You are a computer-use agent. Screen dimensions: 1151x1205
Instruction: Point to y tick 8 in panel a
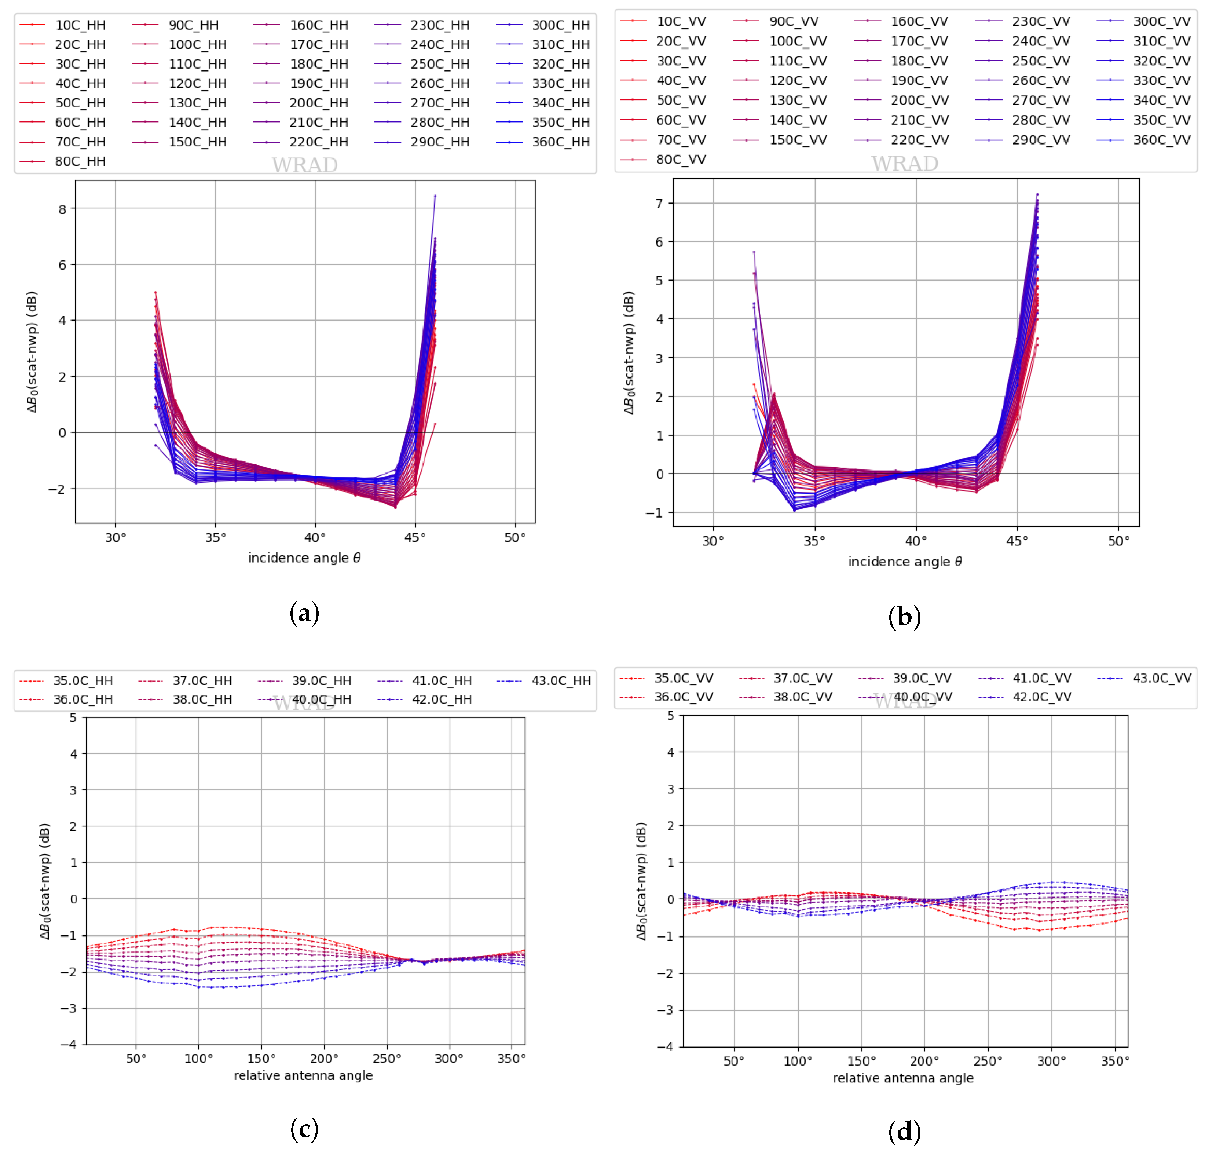(x=63, y=209)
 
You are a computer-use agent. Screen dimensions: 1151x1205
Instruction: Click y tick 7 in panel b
(x=659, y=203)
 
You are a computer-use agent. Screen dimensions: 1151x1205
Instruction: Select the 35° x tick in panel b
(x=814, y=541)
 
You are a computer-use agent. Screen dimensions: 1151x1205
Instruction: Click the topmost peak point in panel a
(x=435, y=196)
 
